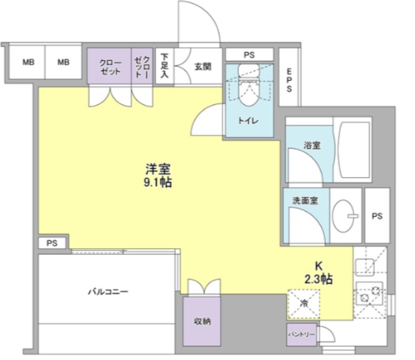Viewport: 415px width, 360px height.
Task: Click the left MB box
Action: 28,63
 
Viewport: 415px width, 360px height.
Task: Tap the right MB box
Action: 63,63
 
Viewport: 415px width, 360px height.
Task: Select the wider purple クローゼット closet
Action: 109,67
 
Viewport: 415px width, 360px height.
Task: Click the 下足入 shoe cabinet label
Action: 165,66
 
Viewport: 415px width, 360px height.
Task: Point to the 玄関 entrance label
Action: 201,66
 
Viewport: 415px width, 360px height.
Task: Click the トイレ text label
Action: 248,121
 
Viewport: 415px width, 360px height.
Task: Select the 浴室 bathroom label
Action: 312,146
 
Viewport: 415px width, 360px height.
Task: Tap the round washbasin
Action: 345,215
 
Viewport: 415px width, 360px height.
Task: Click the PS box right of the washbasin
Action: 377,217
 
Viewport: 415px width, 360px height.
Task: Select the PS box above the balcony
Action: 51,243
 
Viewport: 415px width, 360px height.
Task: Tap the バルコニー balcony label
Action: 108,292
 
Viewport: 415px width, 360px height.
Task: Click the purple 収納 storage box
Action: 201,322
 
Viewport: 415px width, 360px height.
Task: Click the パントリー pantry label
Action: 302,334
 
